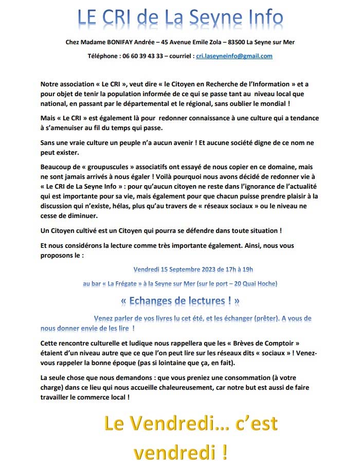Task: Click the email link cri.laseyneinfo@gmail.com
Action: pyautogui.click(x=234, y=56)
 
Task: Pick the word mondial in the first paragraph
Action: pyautogui.click(x=296, y=104)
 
